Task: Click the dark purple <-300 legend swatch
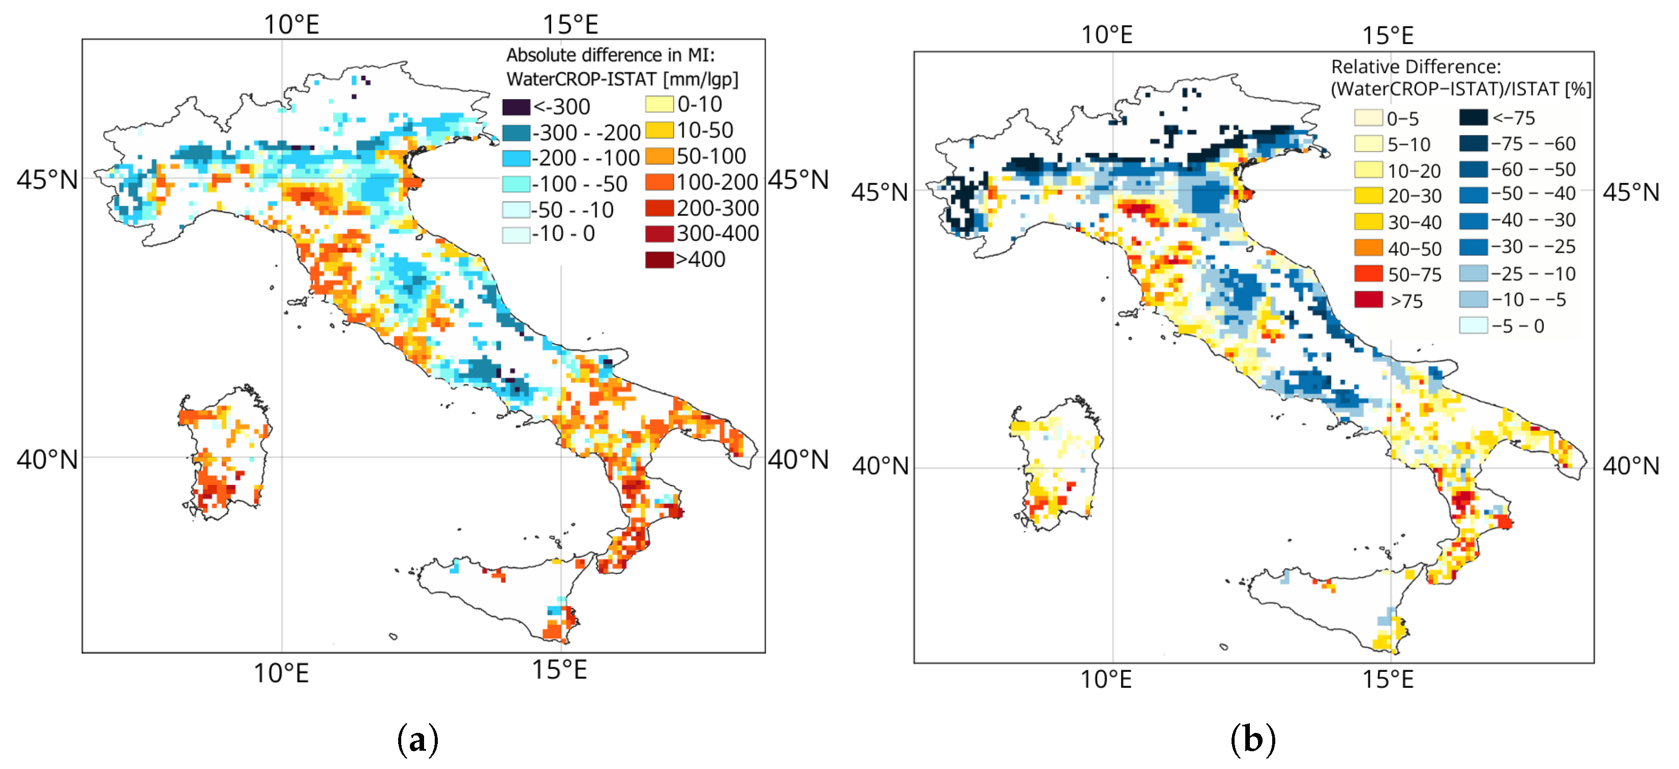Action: coord(516,107)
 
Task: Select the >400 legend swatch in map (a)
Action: coord(659,259)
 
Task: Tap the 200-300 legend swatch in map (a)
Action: coord(659,208)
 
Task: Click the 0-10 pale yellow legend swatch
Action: coord(659,104)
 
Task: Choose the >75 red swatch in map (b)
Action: coord(1368,300)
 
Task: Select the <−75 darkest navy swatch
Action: coord(1473,117)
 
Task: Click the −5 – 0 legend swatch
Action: coord(1473,325)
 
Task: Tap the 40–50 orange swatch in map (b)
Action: coord(1368,248)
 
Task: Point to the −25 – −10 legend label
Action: coord(1534,274)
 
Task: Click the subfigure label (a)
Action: coord(417,740)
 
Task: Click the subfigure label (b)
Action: coord(1252,740)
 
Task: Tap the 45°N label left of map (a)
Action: coord(47,180)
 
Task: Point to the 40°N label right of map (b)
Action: coord(1631,466)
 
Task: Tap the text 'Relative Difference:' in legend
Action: coord(1416,67)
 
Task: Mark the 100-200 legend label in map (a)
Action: coord(717,182)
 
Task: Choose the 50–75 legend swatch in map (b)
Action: coord(1368,274)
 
